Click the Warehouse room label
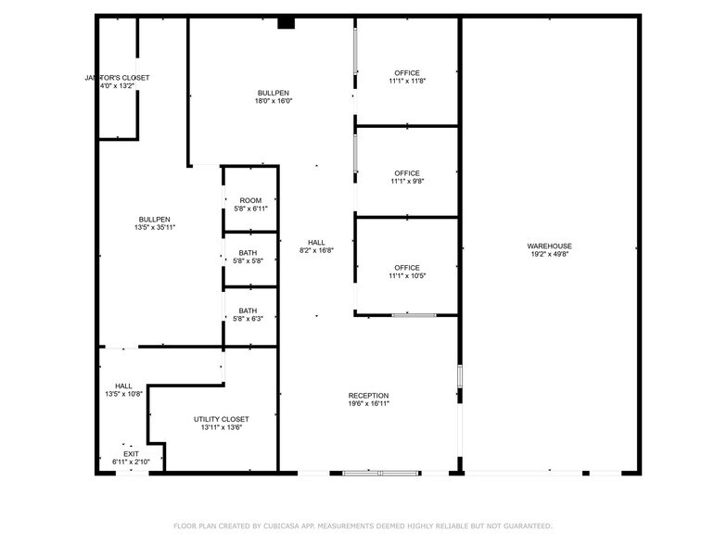coord(551,246)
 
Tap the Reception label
coord(368,396)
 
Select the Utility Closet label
coord(221,419)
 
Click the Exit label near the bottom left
coord(131,454)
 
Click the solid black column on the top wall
coord(287,22)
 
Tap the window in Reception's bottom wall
coord(380,474)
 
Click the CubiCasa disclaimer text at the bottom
coord(363,526)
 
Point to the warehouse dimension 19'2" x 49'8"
coord(551,254)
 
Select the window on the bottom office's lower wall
coord(414,315)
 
